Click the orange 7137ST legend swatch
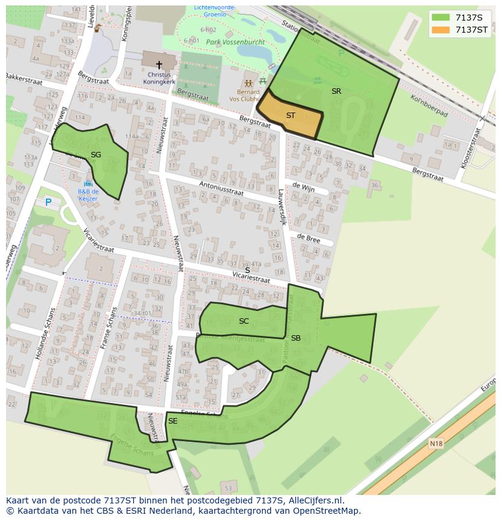(x=442, y=30)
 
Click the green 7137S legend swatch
(x=442, y=18)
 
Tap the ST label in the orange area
(x=290, y=116)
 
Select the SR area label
(x=336, y=91)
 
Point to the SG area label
(x=96, y=155)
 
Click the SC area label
(x=244, y=321)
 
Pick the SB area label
(x=296, y=338)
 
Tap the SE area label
(x=173, y=421)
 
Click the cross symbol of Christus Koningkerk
(x=159, y=64)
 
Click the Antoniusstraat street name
(x=221, y=188)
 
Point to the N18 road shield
(x=436, y=444)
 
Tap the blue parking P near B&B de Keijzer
(x=48, y=202)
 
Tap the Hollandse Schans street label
(x=45, y=334)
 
